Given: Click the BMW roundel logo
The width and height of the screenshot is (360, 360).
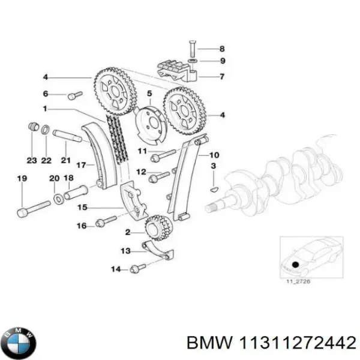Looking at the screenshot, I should pos(19,341).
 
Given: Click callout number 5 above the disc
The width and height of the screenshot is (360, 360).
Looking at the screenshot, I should pos(150,94).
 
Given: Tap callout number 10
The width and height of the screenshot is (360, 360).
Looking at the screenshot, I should pos(214,155).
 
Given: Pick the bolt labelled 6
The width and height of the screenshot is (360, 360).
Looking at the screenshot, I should pos(74,94).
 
